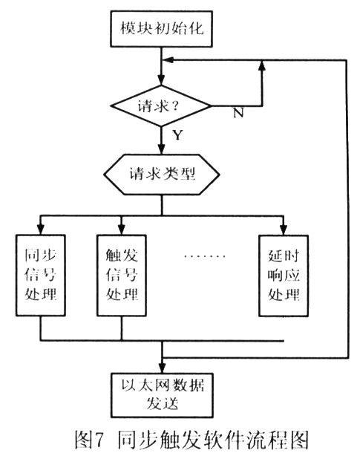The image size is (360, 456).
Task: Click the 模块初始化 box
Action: [161, 29]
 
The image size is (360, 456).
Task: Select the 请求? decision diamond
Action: [161, 106]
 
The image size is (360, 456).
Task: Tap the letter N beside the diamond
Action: [238, 112]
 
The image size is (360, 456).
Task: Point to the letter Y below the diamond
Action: [178, 135]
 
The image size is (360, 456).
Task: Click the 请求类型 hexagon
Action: [162, 175]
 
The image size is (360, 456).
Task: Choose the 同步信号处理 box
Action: [40, 275]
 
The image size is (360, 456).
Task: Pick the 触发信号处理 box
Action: [122, 276]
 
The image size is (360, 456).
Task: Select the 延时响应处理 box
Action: [284, 276]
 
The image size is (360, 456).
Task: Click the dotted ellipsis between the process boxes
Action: [205, 256]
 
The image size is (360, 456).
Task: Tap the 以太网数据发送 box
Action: [162, 395]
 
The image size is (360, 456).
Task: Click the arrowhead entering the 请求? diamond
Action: [161, 80]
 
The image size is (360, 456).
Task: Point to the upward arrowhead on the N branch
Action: [262, 65]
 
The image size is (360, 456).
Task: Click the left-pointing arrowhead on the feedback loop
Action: [168, 60]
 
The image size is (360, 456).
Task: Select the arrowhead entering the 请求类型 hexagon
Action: [161, 149]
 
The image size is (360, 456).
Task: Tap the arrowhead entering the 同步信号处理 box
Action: [41, 229]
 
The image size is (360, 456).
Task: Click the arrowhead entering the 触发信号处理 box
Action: [122, 229]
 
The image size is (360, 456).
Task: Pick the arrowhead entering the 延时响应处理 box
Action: [284, 229]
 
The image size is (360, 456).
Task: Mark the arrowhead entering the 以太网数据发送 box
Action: [162, 368]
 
